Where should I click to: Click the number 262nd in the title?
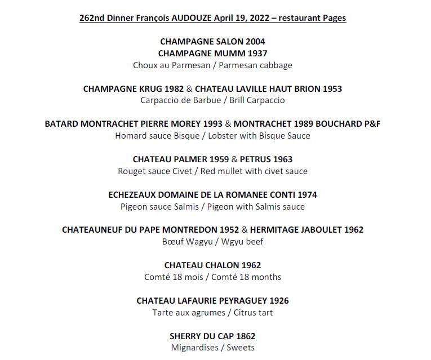pos(92,18)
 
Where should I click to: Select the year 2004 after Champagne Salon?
pos(255,42)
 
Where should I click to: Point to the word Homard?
pos(130,136)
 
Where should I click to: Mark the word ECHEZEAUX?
pos(133,195)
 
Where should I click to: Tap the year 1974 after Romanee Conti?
pos(305,195)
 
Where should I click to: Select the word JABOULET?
pos(317,230)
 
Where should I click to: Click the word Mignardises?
pos(194,348)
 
